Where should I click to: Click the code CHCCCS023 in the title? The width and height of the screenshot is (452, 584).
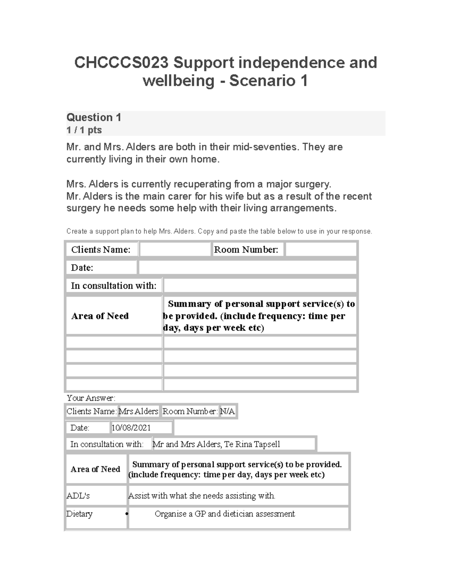pos(121,63)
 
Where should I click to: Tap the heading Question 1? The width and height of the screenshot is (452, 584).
pos(94,118)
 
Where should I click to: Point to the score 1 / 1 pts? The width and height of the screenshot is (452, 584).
pos(84,130)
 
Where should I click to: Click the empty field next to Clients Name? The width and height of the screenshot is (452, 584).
pos(175,250)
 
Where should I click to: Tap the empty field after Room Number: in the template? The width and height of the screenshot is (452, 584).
pos(321,250)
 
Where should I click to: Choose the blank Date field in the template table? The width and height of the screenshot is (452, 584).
pos(247,268)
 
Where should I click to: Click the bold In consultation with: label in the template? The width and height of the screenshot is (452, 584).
pos(114,286)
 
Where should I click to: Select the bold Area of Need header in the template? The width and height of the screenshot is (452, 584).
pos(100,316)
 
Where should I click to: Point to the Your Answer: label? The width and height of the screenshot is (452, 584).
pos(91,398)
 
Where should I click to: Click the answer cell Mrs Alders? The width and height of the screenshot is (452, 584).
pos(138,411)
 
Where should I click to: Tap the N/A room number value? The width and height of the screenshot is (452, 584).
pos(228,411)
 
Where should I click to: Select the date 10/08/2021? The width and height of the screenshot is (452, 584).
pos(131,428)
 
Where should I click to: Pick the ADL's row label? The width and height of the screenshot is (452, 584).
pos(78,496)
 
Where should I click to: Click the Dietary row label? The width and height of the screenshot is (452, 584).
pos(79,514)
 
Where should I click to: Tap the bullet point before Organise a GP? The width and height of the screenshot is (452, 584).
pos(127,514)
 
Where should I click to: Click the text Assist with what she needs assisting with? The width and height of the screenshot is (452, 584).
pos(202,496)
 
